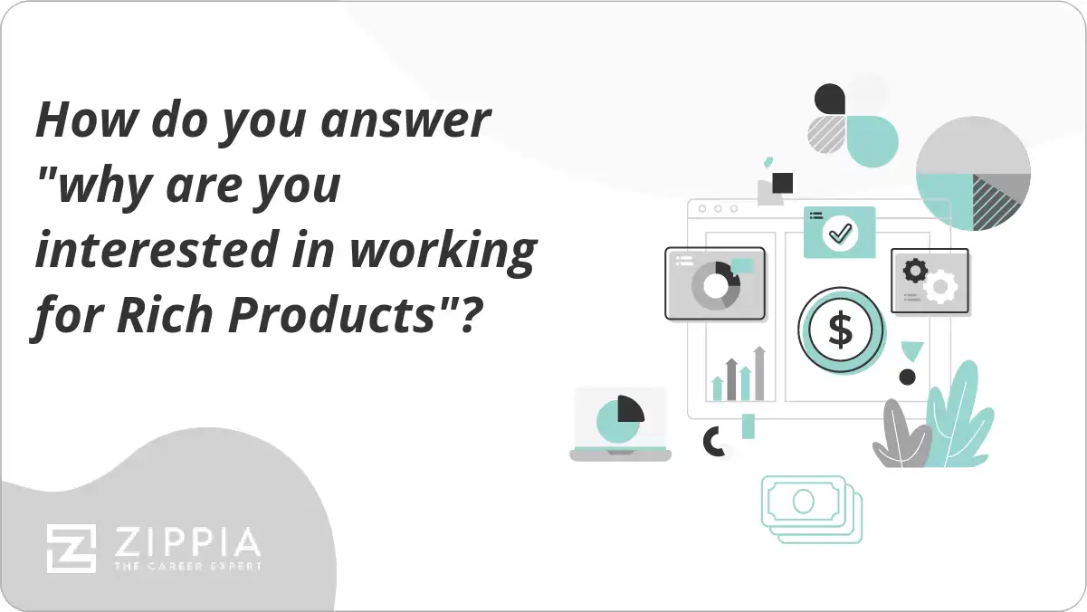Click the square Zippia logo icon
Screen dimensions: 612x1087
click(x=72, y=548)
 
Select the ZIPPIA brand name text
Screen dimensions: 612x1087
click(x=186, y=542)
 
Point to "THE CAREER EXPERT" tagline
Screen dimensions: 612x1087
click(x=186, y=566)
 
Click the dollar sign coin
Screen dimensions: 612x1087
click(x=841, y=331)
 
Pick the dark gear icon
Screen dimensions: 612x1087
click(x=916, y=270)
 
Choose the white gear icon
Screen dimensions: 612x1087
click(x=941, y=286)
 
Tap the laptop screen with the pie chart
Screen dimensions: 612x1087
click(x=621, y=418)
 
